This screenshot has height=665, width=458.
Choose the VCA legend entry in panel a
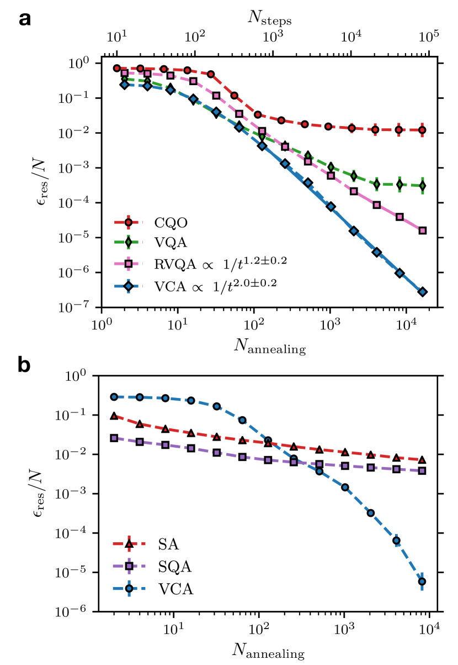[200, 284]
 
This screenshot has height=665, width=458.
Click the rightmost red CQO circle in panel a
[422, 130]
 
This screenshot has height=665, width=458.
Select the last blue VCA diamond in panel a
[422, 292]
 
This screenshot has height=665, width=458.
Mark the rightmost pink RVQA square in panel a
[422, 231]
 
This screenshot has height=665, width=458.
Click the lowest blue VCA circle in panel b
[422, 581]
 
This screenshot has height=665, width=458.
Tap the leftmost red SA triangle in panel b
[114, 416]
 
